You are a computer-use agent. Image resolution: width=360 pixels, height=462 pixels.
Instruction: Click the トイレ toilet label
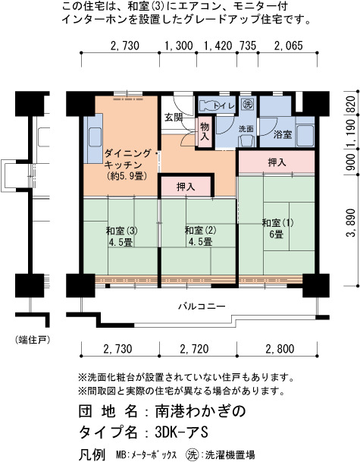tap(224, 105)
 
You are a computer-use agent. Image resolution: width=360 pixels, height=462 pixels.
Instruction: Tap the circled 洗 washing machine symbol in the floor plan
tap(247, 103)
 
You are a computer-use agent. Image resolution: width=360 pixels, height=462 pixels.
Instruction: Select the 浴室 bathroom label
tap(283, 134)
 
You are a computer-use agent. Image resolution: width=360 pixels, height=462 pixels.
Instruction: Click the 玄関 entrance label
tap(174, 118)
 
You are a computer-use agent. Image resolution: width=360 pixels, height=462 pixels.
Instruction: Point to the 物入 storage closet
tap(205, 131)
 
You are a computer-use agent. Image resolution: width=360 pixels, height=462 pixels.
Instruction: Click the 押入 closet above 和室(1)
tap(277, 162)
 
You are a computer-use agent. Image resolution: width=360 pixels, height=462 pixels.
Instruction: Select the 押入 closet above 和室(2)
tap(186, 187)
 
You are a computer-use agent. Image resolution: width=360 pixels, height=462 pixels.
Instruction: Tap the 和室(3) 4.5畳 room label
tap(121, 237)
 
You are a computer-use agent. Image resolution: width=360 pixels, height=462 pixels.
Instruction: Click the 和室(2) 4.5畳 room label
tap(200, 236)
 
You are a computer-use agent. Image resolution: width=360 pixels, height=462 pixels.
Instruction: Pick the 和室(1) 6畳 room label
tap(277, 228)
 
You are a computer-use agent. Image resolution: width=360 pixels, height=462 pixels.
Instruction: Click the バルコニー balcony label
tap(202, 306)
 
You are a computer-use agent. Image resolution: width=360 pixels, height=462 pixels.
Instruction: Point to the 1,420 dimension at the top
tap(218, 46)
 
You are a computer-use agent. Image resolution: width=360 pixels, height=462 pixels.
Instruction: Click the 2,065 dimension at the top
tap(288, 46)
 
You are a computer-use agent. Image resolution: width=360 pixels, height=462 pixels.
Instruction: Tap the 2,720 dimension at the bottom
tap(194, 349)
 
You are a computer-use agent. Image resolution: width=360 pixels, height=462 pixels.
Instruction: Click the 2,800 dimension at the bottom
tap(280, 349)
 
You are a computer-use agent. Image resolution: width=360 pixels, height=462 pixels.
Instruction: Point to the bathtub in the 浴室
tap(305, 136)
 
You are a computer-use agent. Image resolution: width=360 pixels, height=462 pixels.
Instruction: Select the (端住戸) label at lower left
tap(33, 340)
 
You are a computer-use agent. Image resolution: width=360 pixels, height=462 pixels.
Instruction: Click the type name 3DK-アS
tap(182, 432)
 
